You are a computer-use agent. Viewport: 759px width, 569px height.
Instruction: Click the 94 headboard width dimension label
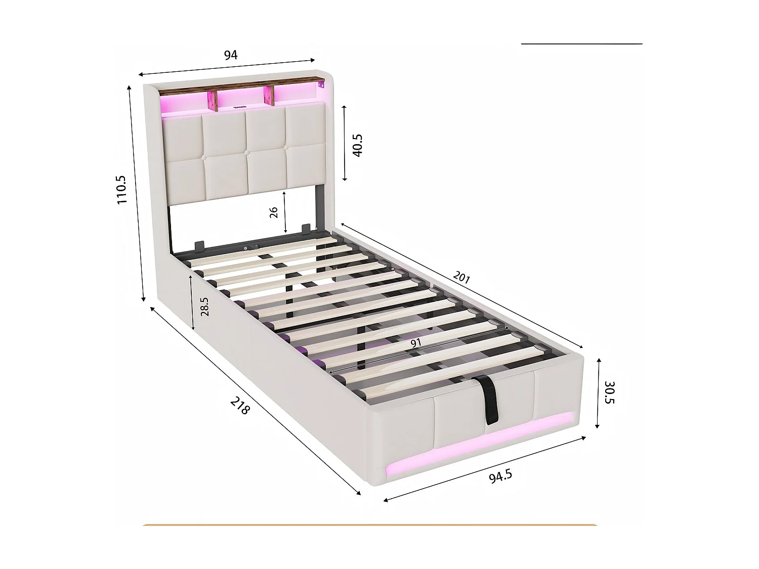230,55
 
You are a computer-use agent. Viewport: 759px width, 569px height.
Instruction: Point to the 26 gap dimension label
274,212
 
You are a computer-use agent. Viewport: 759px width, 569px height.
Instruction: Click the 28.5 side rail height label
204,307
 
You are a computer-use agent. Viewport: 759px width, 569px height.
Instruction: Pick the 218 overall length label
240,405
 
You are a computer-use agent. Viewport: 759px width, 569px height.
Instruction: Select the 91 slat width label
416,343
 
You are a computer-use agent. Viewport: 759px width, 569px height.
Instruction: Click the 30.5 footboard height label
609,392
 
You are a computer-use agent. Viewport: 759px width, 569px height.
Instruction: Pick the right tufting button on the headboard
286,148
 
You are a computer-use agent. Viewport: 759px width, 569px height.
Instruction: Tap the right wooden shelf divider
268,96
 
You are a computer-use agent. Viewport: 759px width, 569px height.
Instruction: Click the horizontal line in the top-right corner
581,44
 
